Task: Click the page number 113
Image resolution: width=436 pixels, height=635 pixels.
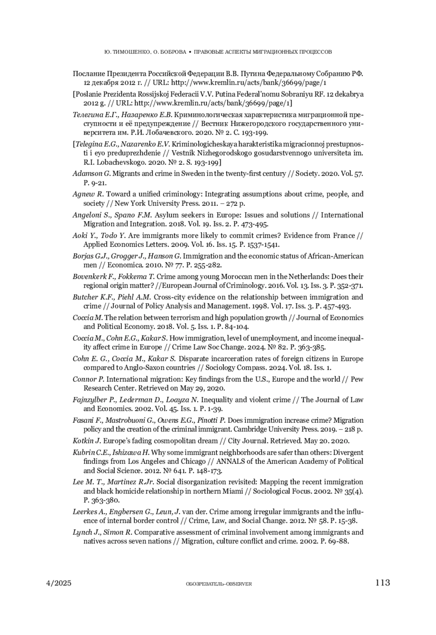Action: [383, 583]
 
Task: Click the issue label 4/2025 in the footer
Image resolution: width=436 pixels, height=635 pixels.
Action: [59, 583]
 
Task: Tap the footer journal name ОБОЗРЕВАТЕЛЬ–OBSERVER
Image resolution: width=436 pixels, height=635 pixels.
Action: [218, 584]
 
